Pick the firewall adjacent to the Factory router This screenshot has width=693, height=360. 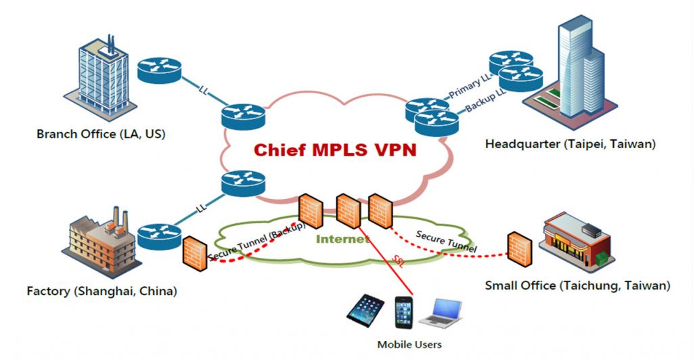click(x=194, y=252)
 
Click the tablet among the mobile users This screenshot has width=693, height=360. click(x=365, y=311)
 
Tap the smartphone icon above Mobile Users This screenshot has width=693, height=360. click(x=404, y=313)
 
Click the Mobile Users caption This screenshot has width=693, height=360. click(x=405, y=344)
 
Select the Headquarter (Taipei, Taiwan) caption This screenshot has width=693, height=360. click(x=571, y=143)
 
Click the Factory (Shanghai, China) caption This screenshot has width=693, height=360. click(x=102, y=292)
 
